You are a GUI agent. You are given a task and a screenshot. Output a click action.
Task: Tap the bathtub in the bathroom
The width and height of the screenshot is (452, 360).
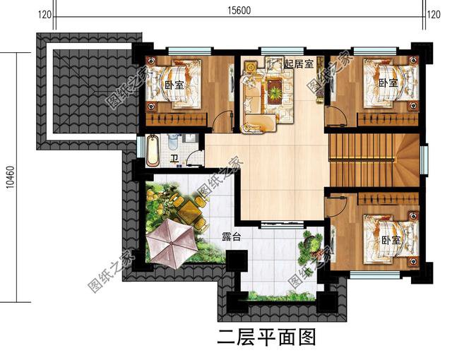[153, 150]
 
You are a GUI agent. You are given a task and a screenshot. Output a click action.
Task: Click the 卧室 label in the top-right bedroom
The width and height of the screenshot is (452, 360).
[387, 83]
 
